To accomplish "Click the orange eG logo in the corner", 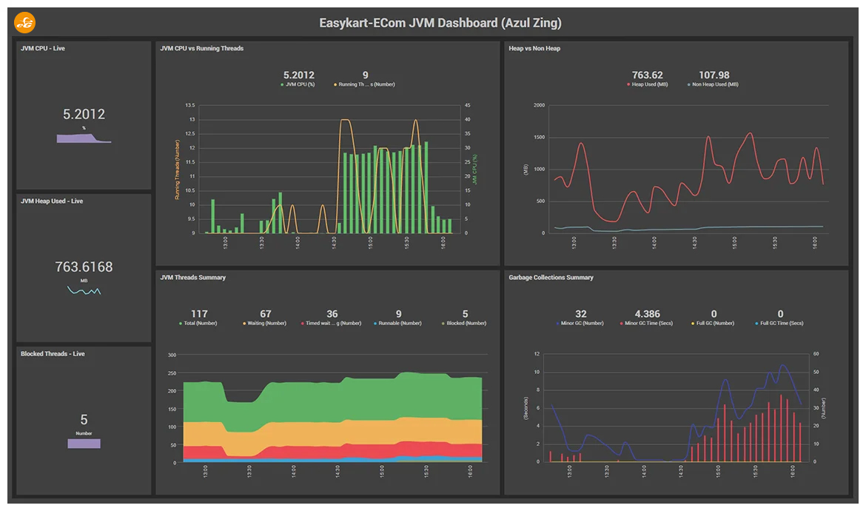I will click(24, 23).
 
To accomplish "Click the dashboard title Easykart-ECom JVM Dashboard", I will click(440, 23).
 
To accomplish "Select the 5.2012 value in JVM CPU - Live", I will click(84, 114).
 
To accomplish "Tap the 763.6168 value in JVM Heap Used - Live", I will click(84, 267).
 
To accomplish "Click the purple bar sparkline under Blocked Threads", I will click(84, 444).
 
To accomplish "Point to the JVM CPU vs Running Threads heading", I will click(201, 49).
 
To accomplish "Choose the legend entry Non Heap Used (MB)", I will click(714, 84).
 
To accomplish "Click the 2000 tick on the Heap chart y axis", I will click(539, 105).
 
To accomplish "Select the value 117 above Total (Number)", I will click(199, 314).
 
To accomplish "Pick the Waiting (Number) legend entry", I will click(266, 323).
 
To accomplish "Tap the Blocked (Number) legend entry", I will click(466, 323).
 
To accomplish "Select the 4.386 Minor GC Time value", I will click(647, 314).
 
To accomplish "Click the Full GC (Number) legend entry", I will click(714, 323).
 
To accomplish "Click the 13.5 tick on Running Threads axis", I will click(189, 105).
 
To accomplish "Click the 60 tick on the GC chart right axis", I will click(814, 354).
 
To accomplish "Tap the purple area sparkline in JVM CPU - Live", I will click(83, 138).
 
